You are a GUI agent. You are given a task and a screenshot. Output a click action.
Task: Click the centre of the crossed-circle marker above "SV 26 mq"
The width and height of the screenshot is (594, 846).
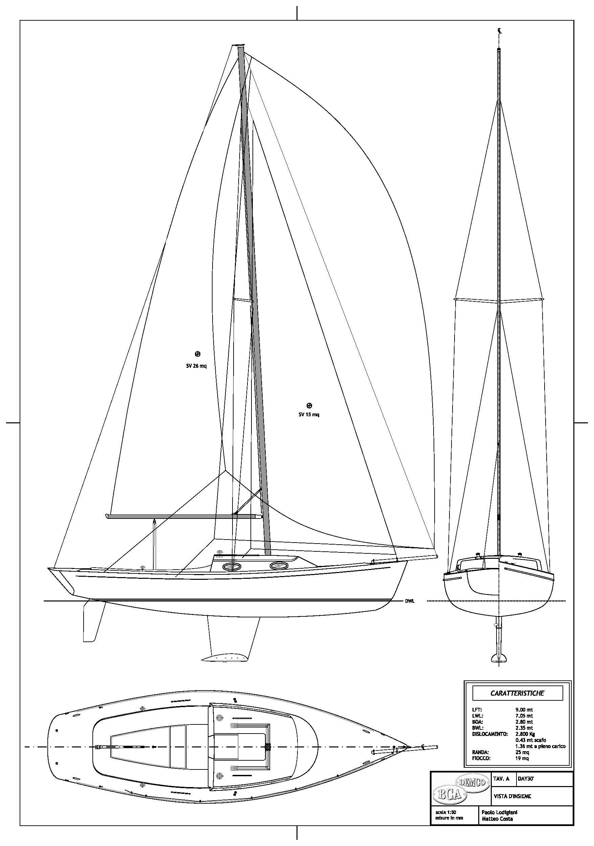click(197, 354)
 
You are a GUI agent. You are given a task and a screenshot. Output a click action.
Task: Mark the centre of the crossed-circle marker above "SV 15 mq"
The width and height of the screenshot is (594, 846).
click(309, 406)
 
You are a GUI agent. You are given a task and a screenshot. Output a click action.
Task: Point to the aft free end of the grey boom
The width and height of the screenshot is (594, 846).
click(107, 516)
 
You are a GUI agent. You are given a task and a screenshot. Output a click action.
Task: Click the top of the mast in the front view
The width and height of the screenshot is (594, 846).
click(499, 49)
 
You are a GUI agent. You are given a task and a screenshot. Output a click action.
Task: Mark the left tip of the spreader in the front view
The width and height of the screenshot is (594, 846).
click(455, 299)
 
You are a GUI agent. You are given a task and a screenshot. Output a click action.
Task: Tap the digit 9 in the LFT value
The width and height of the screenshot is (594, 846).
click(517, 710)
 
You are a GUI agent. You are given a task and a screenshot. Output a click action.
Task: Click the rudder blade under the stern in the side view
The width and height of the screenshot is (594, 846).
click(92, 621)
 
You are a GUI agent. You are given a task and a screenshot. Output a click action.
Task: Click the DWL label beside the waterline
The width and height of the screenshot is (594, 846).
click(410, 601)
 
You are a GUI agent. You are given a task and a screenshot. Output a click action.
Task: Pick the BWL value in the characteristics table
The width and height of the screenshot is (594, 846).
click(524, 728)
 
